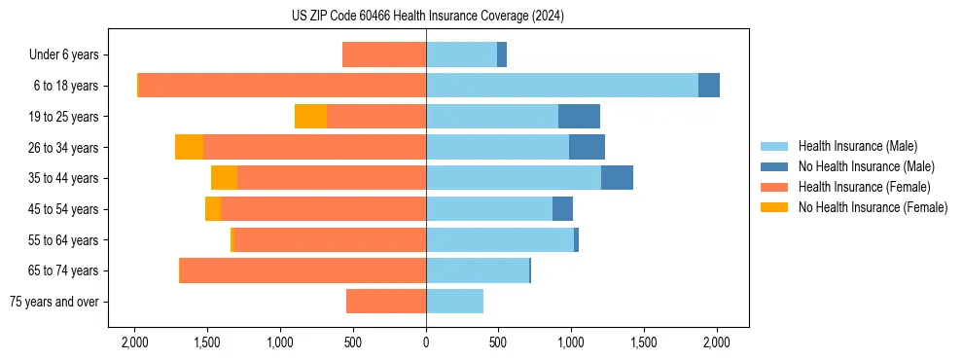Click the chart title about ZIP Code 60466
[427, 17]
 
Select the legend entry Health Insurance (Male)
[857, 146]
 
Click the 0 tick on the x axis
[426, 343]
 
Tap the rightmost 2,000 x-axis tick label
[717, 343]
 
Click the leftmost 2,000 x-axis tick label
[134, 343]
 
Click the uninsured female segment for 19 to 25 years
[310, 117]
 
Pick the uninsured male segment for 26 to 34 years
[587, 147]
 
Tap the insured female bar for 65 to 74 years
[303, 270]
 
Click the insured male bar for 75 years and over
[454, 302]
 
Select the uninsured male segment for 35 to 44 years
[617, 178]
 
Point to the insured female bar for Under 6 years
[384, 55]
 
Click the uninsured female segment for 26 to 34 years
[189, 147]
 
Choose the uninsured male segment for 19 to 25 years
[579, 117]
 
